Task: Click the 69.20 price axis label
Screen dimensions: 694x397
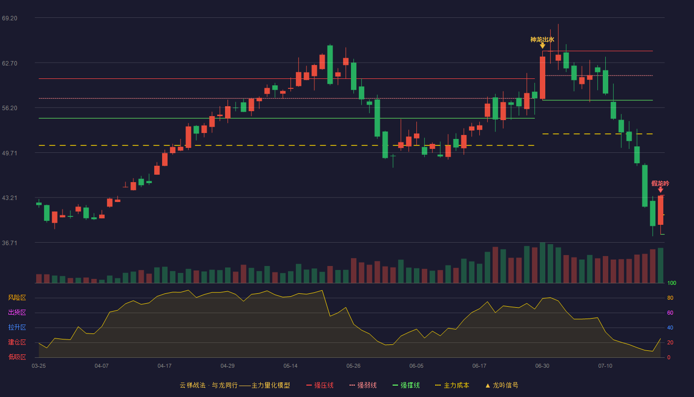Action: pos(9,18)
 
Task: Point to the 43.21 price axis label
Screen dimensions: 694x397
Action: pos(9,198)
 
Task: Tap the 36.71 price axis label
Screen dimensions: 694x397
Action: pos(9,243)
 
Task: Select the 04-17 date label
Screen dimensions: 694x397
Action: pos(165,366)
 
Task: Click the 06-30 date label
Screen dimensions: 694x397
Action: pos(542,366)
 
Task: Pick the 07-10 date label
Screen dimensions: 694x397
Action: pos(605,366)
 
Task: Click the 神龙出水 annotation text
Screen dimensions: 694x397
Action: pos(542,39)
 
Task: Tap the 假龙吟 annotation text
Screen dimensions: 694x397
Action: pos(660,183)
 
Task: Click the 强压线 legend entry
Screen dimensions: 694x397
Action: pos(320,385)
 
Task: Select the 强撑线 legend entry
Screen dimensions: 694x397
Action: pos(406,385)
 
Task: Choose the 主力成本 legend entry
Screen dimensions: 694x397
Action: pos(452,385)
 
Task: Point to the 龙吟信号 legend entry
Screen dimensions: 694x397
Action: pos(502,385)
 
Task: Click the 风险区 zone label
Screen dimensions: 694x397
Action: pos(17,298)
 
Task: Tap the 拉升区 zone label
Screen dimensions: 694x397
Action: pos(17,327)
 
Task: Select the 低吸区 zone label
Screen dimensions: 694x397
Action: pos(17,357)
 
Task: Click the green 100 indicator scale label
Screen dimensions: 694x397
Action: pos(672,283)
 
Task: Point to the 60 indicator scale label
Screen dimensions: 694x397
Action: pos(670,313)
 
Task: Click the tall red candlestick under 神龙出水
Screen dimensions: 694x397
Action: pos(542,77)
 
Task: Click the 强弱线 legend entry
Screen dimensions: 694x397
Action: pos(363,385)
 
